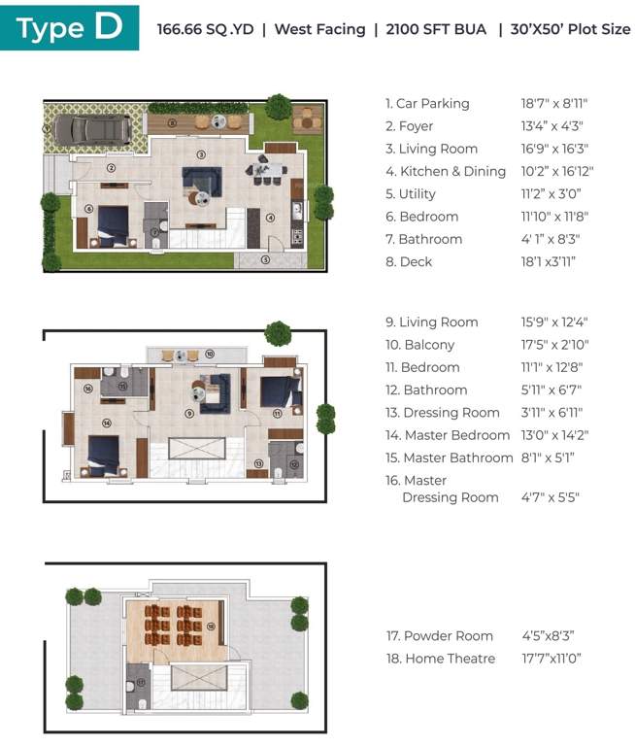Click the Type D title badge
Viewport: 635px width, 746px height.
tap(69, 28)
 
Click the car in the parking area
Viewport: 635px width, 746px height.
tap(87, 128)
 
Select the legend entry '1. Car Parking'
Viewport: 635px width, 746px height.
tap(427, 104)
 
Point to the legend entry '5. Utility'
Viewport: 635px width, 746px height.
tap(410, 194)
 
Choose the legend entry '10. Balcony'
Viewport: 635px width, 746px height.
tap(419, 345)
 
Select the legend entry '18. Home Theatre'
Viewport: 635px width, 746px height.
tap(440, 659)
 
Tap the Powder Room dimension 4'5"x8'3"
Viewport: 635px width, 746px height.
tap(548, 636)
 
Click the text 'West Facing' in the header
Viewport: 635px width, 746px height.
tap(319, 29)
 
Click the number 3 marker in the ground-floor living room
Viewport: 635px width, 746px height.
tap(201, 154)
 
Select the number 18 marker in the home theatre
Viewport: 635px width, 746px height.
tap(210, 627)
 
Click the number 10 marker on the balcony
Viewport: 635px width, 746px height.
tap(209, 355)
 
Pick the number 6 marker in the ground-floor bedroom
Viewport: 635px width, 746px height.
tap(88, 208)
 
